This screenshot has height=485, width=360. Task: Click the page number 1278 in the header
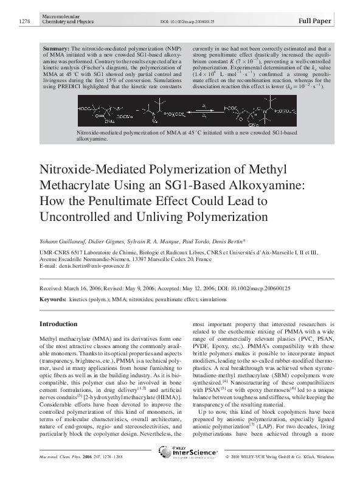(x=24, y=21)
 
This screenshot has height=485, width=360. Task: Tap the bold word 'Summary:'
(x=56, y=47)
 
